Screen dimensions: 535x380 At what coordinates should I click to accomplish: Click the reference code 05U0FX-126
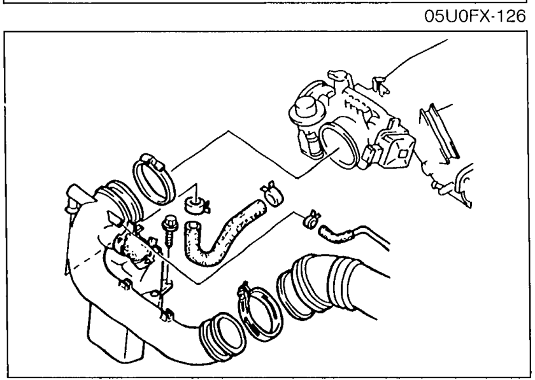pyautogui.click(x=474, y=17)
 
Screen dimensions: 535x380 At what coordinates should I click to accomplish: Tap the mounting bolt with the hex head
pyautogui.click(x=169, y=230)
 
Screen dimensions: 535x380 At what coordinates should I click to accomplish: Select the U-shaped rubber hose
pyautogui.click(x=222, y=234)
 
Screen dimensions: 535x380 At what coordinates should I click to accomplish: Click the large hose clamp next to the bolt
pyautogui.click(x=153, y=179)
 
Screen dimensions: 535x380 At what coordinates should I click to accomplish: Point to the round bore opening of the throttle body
pyautogui.click(x=338, y=146)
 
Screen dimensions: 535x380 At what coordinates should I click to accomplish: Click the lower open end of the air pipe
pyautogui.click(x=224, y=336)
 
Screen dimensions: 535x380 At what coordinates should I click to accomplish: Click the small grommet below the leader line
pyautogui.click(x=197, y=206)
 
